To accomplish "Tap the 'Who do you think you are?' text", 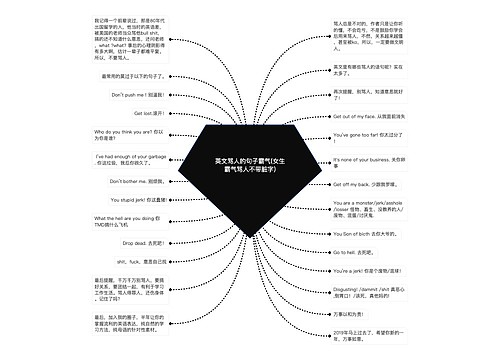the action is (x=129, y=134).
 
